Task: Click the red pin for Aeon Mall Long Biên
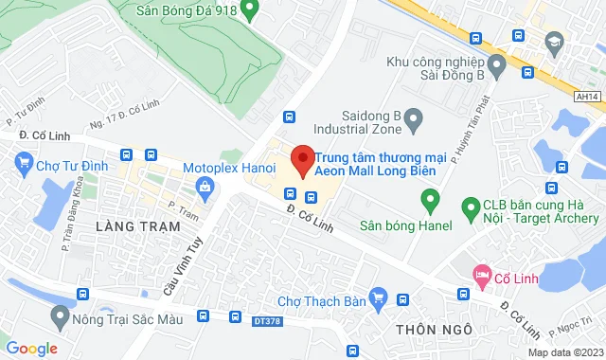(302, 159)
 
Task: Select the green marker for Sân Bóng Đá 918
(250, 11)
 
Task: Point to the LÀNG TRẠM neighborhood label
(125, 226)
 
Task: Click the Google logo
(31, 348)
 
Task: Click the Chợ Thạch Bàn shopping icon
(378, 300)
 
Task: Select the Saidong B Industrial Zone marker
(413, 118)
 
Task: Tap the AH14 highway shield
(587, 95)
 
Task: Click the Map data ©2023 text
(564, 352)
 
